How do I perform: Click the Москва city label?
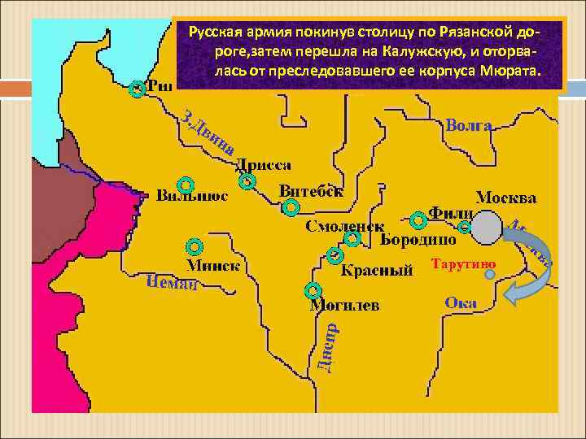(x=505, y=198)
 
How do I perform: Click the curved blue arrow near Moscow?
(x=532, y=268)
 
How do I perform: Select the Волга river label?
(x=469, y=126)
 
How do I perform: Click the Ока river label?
(x=461, y=302)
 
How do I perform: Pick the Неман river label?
(x=173, y=283)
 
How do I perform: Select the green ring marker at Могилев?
(x=313, y=290)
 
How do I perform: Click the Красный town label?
(x=374, y=270)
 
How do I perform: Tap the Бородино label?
(x=418, y=240)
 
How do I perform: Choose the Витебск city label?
(x=311, y=190)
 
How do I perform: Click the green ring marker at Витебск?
(x=291, y=208)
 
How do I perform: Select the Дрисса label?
(x=264, y=165)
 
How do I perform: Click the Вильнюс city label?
(x=192, y=196)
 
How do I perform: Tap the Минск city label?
(x=213, y=264)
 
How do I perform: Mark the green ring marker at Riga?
(x=138, y=89)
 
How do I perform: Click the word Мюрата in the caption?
(x=510, y=72)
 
